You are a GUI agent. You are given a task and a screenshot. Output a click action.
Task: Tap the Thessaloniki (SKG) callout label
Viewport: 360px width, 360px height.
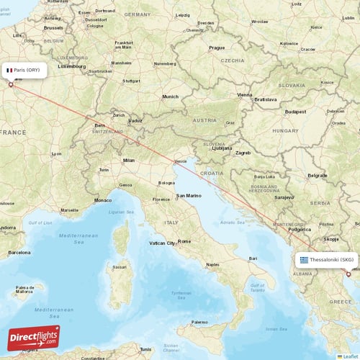pos(328,259)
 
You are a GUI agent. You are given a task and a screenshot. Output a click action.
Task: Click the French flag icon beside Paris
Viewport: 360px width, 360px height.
pos(10,70)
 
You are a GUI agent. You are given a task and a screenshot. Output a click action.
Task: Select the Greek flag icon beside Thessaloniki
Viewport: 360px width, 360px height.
pos(305,259)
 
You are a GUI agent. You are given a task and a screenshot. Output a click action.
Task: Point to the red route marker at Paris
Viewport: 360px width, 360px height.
pos(11,85)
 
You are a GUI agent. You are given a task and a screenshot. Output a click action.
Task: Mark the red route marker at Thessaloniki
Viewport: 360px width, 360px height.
pos(348,274)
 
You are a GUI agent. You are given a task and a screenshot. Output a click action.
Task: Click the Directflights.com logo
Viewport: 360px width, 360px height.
pos(34,336)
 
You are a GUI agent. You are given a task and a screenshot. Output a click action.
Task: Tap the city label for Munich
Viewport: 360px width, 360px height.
pos(170,96)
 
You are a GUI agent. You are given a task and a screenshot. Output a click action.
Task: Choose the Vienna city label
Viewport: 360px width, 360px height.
pos(246,94)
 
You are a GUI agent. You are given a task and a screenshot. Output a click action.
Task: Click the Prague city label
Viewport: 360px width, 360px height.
pos(217,48)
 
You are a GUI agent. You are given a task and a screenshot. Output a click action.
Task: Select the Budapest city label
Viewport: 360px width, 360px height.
pos(295,112)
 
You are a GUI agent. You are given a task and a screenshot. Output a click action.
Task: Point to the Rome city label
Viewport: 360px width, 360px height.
pos(184,241)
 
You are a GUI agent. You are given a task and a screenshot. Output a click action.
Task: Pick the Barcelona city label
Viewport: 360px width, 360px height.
pos(19,253)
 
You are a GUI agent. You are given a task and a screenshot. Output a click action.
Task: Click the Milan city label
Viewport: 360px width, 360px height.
pos(129,160)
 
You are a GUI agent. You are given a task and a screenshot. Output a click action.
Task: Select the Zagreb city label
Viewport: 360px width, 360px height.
pos(243,153)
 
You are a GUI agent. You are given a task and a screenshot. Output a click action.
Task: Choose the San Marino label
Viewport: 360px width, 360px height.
pos(189,195)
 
